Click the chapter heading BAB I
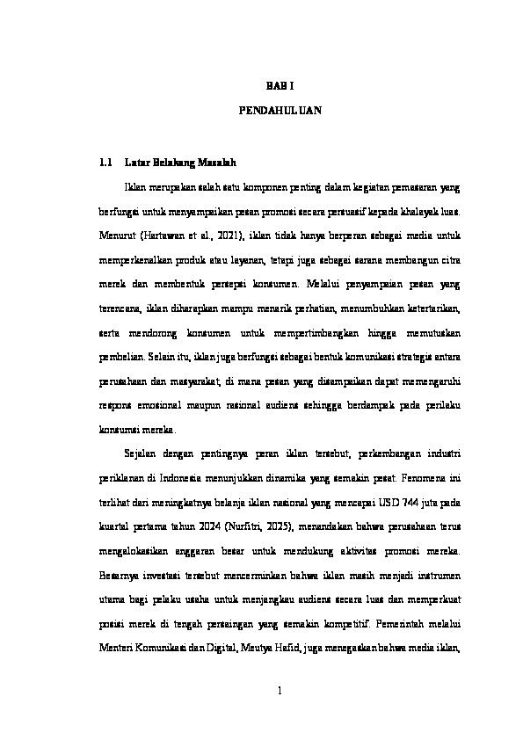click(x=279, y=86)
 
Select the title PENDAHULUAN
click(x=279, y=112)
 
